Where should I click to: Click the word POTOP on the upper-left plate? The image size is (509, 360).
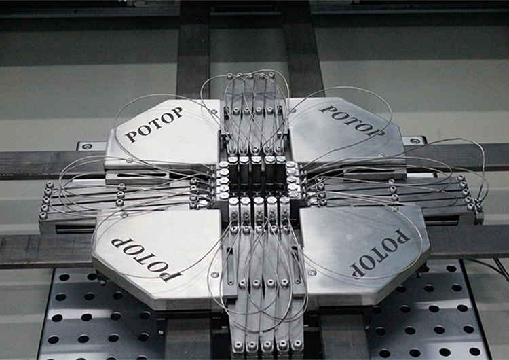[154, 125]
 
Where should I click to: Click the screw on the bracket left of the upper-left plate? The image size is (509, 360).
[87, 147]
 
